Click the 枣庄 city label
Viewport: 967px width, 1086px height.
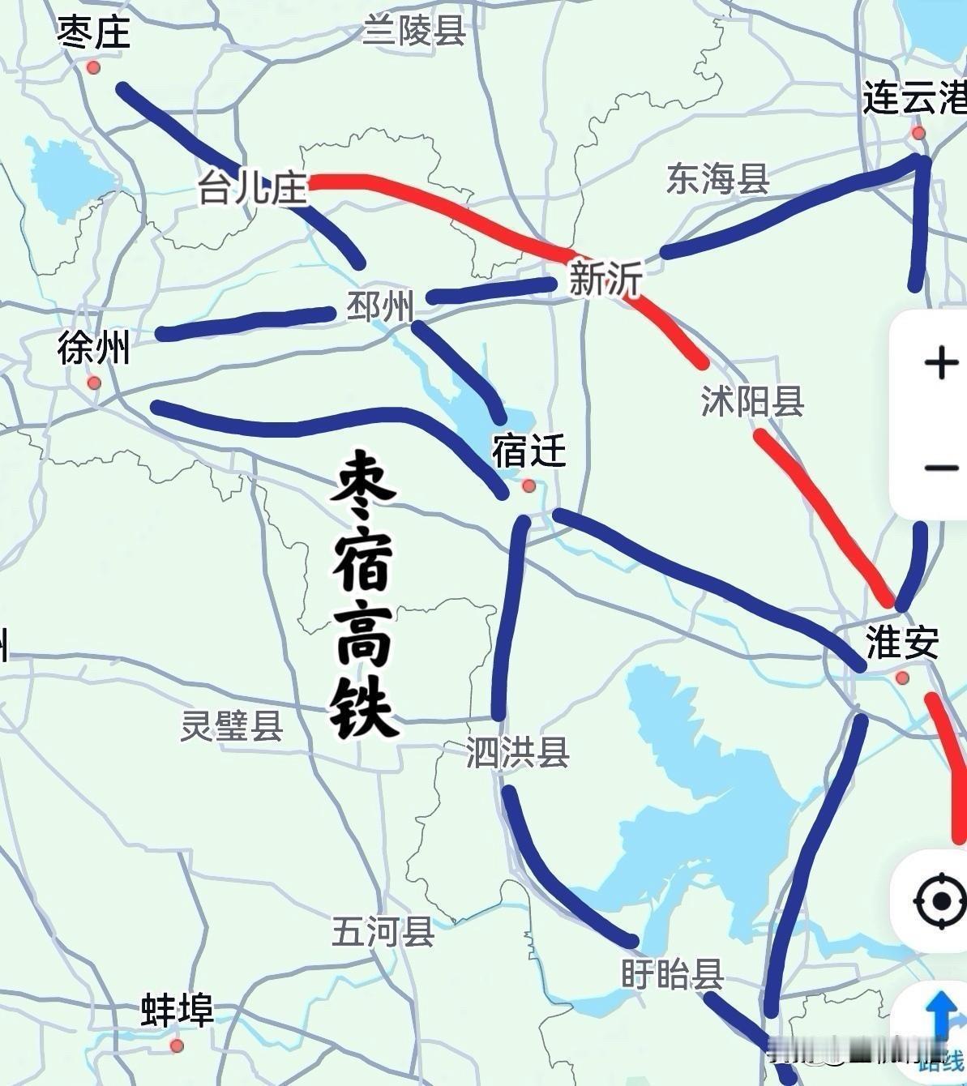(x=93, y=34)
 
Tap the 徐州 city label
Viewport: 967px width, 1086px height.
(x=93, y=349)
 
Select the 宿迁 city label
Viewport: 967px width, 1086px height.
(x=528, y=451)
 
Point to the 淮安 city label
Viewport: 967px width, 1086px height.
(x=902, y=643)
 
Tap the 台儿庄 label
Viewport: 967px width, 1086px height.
(x=253, y=189)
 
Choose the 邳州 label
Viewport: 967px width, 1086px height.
(x=380, y=307)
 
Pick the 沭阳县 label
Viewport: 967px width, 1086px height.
(x=752, y=401)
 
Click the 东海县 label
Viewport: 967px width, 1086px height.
(x=717, y=179)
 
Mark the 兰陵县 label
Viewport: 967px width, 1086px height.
(x=414, y=31)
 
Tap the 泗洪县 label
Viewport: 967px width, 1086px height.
(x=517, y=752)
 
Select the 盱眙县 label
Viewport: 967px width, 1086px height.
(x=672, y=973)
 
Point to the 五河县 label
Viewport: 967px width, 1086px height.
(x=383, y=931)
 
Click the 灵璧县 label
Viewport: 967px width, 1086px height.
(x=232, y=725)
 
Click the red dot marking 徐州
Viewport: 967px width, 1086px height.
(x=94, y=383)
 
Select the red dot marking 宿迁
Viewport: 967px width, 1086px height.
(x=529, y=485)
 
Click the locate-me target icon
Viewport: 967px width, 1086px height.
(x=940, y=900)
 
